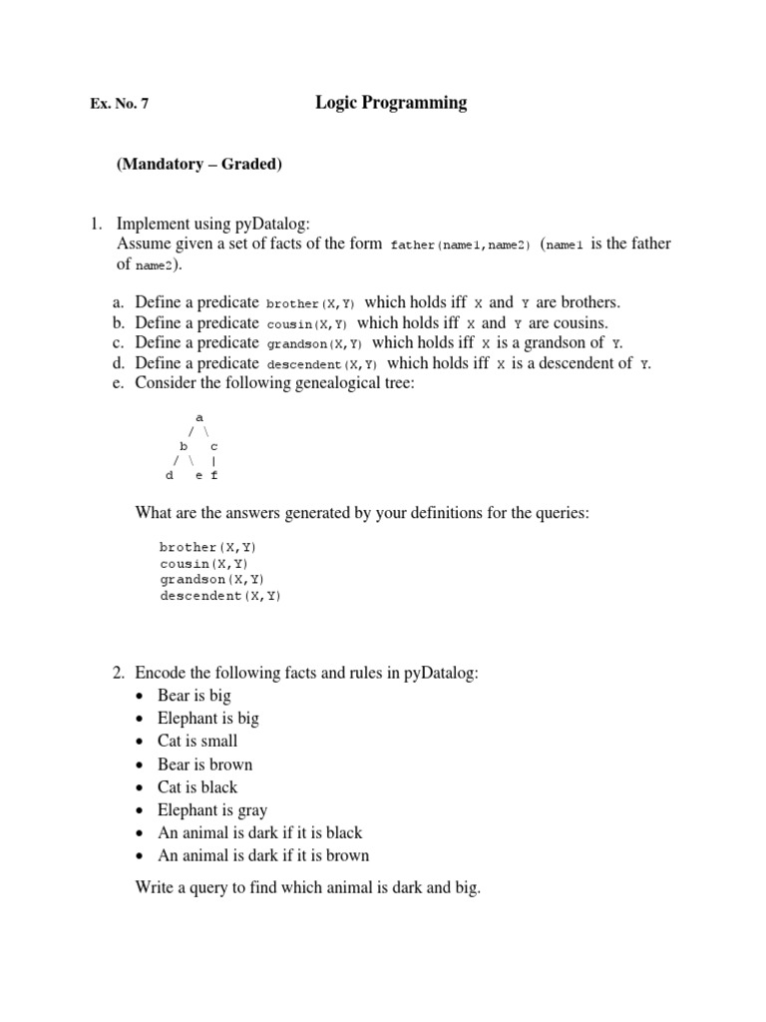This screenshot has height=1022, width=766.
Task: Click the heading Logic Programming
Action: coord(391,103)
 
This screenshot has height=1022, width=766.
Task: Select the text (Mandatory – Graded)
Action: coord(199,165)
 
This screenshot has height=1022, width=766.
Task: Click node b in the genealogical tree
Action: coord(184,446)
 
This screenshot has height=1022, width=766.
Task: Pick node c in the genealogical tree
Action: coord(214,446)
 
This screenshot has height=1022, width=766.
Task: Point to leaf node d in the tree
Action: coord(170,476)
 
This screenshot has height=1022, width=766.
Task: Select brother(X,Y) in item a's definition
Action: coord(310,303)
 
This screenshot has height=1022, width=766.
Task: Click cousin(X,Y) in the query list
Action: coord(203,563)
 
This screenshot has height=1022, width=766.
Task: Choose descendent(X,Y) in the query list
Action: coord(219,596)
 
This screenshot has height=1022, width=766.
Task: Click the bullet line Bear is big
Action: coord(193,695)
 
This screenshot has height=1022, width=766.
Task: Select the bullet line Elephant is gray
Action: coord(211,809)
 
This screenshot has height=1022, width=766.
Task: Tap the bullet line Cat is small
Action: coord(197,741)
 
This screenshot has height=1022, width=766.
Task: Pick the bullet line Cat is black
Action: coord(197,786)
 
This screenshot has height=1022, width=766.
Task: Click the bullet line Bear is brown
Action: coord(204,764)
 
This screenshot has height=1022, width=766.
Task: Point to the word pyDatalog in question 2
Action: coord(441,673)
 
